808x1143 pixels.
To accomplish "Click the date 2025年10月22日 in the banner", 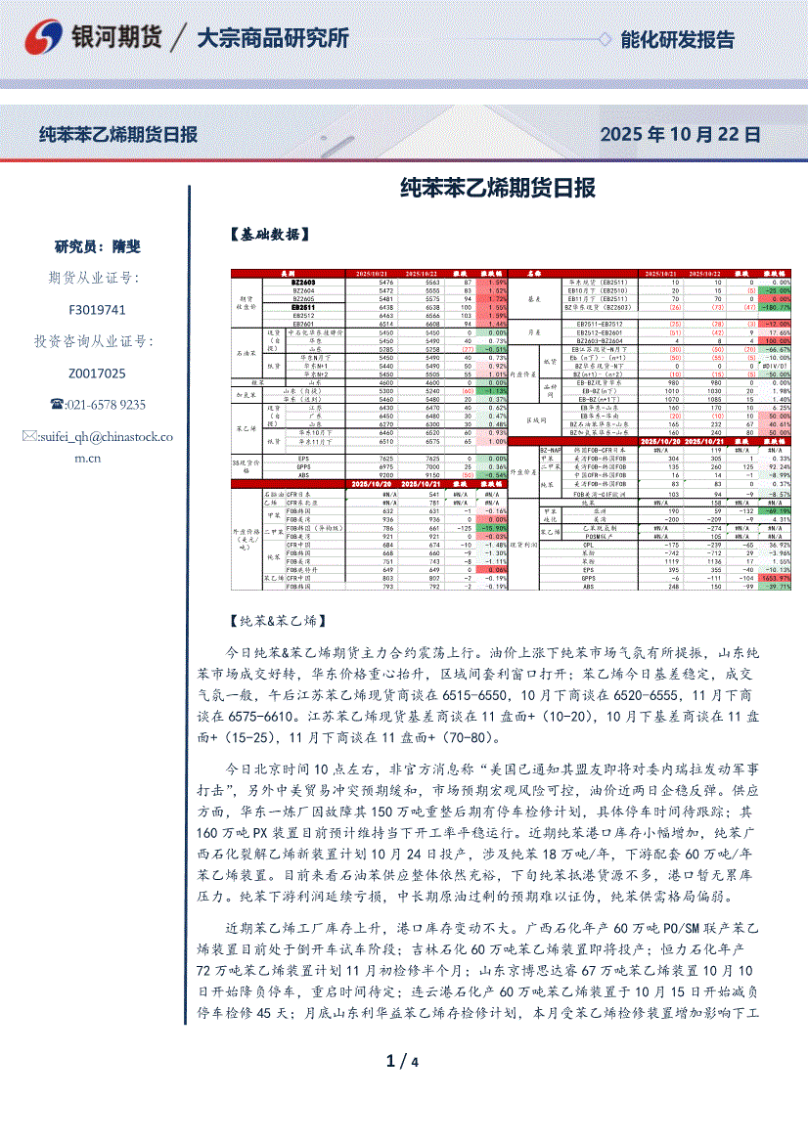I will pos(680,134).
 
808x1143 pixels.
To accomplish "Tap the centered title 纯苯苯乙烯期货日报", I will pos(499,188).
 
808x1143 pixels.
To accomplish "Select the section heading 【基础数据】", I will pos(270,234).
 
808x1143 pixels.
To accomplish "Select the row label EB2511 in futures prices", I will pos(303,307).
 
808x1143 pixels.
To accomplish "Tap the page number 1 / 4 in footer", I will pos(403,1062).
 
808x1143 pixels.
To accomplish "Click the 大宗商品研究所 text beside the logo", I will pos(273,39).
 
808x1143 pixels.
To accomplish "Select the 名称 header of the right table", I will pos(535,273).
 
